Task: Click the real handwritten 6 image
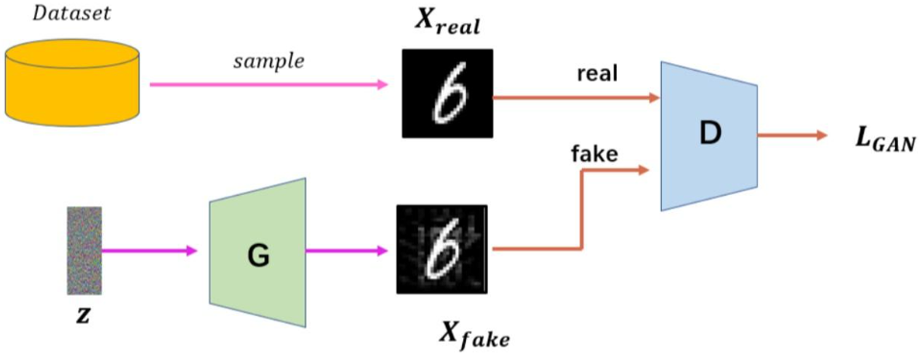coord(447,94)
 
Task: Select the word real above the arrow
coord(598,74)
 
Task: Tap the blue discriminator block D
coord(708,135)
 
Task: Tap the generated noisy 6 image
coord(442,249)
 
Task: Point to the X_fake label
coord(474,335)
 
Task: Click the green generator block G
coord(257,252)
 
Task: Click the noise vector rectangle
coord(84,250)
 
